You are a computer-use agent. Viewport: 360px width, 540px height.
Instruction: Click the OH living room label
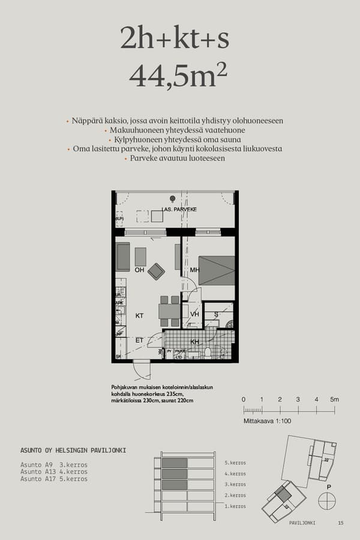[139, 270]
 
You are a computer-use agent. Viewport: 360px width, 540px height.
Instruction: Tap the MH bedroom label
[194, 270]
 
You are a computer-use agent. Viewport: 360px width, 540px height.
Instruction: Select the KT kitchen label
[139, 315]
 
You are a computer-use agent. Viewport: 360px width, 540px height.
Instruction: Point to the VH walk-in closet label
[194, 314]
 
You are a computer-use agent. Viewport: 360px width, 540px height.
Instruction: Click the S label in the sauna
[216, 313]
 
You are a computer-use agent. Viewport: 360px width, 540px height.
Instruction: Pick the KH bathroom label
[194, 341]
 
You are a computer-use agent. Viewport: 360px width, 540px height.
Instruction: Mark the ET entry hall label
[139, 340]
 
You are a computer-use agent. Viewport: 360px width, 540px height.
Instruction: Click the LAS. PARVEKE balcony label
[179, 209]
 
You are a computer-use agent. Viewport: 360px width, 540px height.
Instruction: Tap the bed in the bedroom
[216, 271]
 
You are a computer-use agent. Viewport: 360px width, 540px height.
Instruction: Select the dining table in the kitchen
[170, 311]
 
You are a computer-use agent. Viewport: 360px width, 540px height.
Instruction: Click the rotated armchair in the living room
[156, 271]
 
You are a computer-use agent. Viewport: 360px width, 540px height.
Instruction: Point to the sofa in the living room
[123, 257]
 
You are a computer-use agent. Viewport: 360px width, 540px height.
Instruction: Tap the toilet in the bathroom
[208, 352]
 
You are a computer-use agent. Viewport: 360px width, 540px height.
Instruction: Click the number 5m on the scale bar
[335, 400]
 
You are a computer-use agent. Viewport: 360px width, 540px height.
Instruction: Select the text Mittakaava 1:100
[267, 421]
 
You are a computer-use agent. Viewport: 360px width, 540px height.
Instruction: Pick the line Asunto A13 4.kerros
[54, 472]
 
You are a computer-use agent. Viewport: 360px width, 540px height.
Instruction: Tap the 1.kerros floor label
[235, 506]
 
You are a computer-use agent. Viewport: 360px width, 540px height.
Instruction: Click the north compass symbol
[327, 500]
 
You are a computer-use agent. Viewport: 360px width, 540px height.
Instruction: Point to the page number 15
[341, 523]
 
